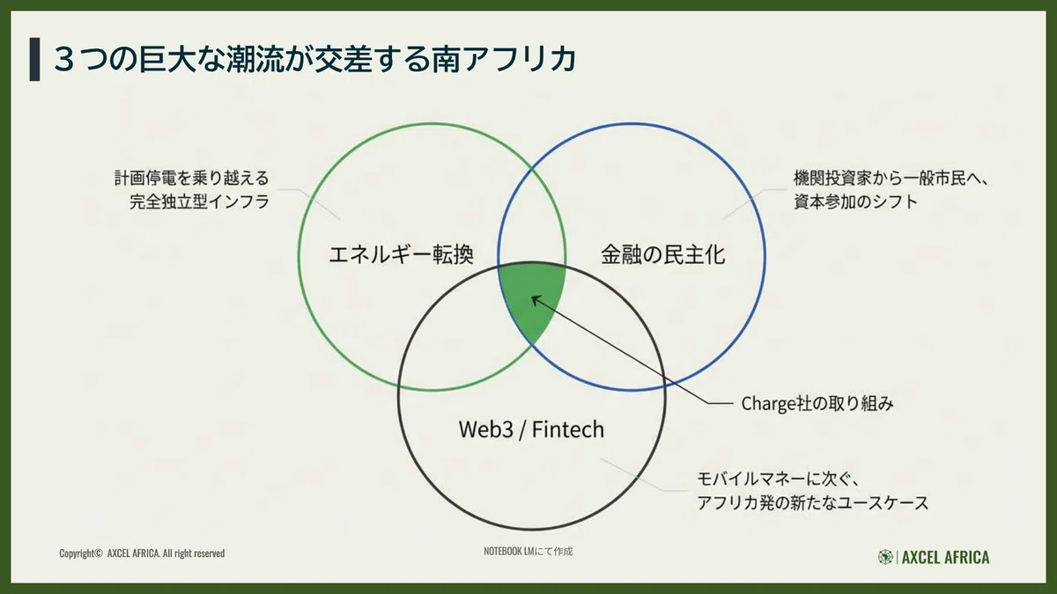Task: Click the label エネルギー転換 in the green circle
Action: pos(401,254)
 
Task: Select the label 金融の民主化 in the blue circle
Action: pos(663,254)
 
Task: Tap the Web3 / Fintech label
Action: pos(531,429)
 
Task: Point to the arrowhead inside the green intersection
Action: pos(536,299)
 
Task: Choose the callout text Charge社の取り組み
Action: pos(817,404)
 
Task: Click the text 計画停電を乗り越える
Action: pos(192,178)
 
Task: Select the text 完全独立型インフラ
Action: pos(199,202)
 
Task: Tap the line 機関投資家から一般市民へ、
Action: pos(890,179)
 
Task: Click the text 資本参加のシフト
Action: pos(855,202)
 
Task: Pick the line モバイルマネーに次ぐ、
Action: pos(778,479)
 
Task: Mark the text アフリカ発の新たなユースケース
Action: pos(813,502)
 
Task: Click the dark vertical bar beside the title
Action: pos(34,60)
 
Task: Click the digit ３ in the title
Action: pos(67,60)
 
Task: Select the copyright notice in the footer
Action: pos(142,553)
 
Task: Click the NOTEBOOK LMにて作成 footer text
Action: pos(528,551)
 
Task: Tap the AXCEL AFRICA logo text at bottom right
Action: pos(946,557)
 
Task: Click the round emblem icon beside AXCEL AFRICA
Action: pos(885,557)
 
